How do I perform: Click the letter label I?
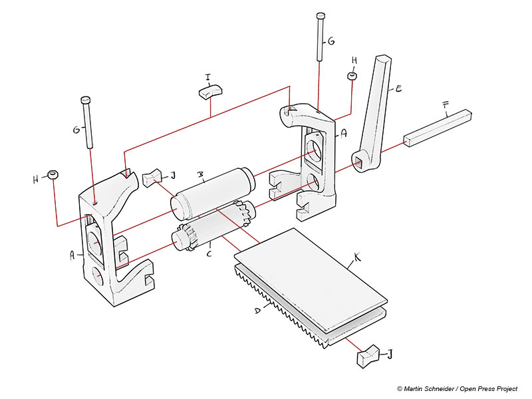(208, 78)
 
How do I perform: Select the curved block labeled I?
(210, 91)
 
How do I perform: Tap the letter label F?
(446, 106)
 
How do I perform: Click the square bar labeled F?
(438, 128)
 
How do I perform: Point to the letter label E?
(399, 89)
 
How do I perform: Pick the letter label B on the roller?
(201, 175)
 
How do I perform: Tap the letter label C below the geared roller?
(209, 253)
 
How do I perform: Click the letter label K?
(357, 257)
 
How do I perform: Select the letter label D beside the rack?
(258, 310)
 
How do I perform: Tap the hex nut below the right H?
(352, 75)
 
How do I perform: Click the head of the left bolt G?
(86, 100)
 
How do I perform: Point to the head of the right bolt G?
(321, 15)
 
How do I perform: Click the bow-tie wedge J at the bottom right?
(368, 356)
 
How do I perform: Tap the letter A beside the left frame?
(72, 255)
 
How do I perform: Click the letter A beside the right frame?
(344, 134)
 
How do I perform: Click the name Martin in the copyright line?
(412, 389)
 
